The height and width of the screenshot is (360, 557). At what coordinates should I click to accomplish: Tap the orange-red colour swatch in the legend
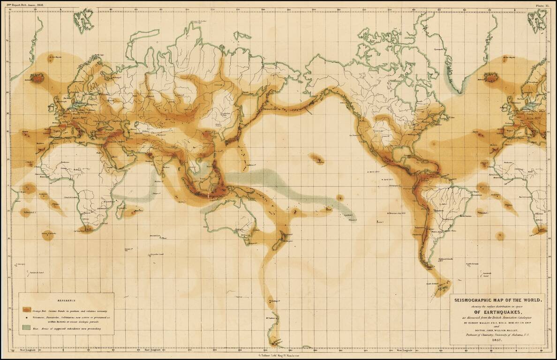26,310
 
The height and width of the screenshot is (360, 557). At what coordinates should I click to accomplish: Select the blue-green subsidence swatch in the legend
26,328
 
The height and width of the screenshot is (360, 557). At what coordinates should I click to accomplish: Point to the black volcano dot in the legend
26,318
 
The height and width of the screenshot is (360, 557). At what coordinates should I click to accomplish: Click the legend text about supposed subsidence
70,328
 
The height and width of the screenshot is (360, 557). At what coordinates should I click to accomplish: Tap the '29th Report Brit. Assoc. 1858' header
29,5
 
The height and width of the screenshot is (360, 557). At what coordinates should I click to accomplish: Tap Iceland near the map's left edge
38,78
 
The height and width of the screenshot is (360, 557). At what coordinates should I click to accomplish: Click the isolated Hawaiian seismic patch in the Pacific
319,160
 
